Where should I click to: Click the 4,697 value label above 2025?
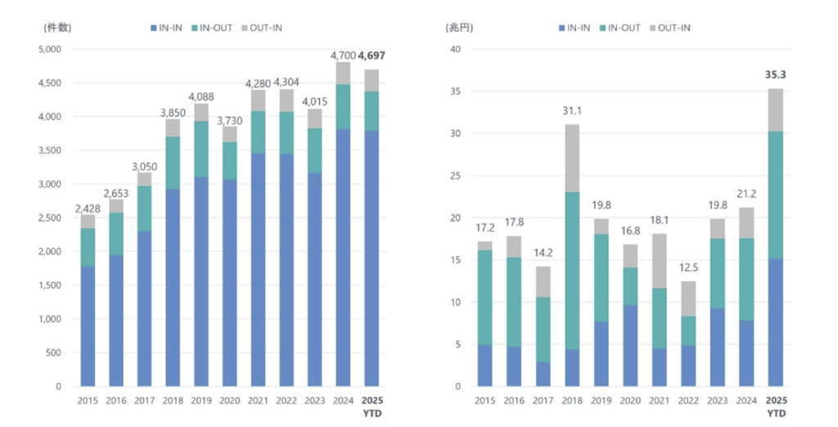(x=372, y=56)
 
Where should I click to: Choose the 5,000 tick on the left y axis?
(x=51, y=49)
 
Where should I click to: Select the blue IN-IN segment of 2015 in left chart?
(x=88, y=326)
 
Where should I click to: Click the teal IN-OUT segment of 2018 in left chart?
(x=173, y=163)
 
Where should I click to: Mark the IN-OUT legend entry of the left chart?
(x=213, y=28)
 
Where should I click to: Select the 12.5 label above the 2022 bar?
(x=688, y=267)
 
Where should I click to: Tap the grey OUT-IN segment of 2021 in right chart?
(x=660, y=261)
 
